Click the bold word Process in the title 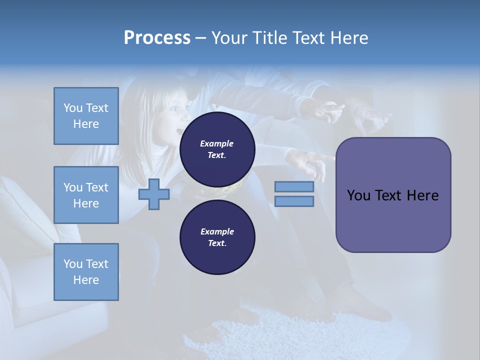(x=157, y=37)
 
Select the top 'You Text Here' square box (x=86, y=116)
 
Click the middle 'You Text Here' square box (x=86, y=195)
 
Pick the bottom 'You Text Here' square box (x=86, y=272)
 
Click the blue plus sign (x=154, y=194)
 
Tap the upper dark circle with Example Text (x=217, y=149)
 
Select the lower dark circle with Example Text (x=217, y=237)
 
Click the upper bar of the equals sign (x=294, y=186)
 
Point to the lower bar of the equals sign (x=294, y=201)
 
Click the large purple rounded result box (x=393, y=195)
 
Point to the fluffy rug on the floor (x=280, y=330)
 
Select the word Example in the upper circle (x=217, y=143)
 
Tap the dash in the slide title (x=200, y=38)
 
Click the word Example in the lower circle (x=217, y=231)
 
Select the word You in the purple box (x=358, y=195)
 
